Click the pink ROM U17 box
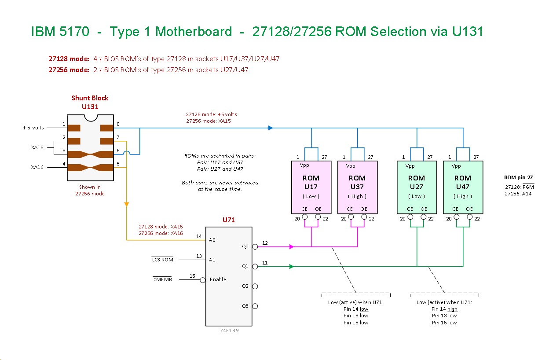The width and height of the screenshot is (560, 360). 311,187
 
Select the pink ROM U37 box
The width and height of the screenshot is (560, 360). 357,187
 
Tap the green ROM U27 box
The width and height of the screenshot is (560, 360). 417,187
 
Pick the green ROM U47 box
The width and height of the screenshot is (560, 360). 463,187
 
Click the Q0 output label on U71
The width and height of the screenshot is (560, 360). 245,246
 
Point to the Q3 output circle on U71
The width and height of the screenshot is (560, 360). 255,306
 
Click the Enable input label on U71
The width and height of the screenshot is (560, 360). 218,279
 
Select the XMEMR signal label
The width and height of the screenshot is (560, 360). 162,279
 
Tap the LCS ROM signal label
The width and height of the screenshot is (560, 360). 162,260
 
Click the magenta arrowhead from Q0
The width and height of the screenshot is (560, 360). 291,247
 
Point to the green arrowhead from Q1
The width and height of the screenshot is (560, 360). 291,266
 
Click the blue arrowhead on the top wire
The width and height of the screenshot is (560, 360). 271,128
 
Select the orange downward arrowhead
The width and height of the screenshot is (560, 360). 127,204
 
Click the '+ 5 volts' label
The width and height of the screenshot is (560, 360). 33,128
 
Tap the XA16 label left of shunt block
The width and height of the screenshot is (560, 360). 37,167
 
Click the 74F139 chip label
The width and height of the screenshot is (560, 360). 229,331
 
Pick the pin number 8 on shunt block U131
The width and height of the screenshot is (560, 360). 118,124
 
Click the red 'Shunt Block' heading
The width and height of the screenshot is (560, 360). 90,98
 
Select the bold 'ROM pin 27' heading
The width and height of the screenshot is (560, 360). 519,177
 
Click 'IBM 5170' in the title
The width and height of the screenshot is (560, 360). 60,32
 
